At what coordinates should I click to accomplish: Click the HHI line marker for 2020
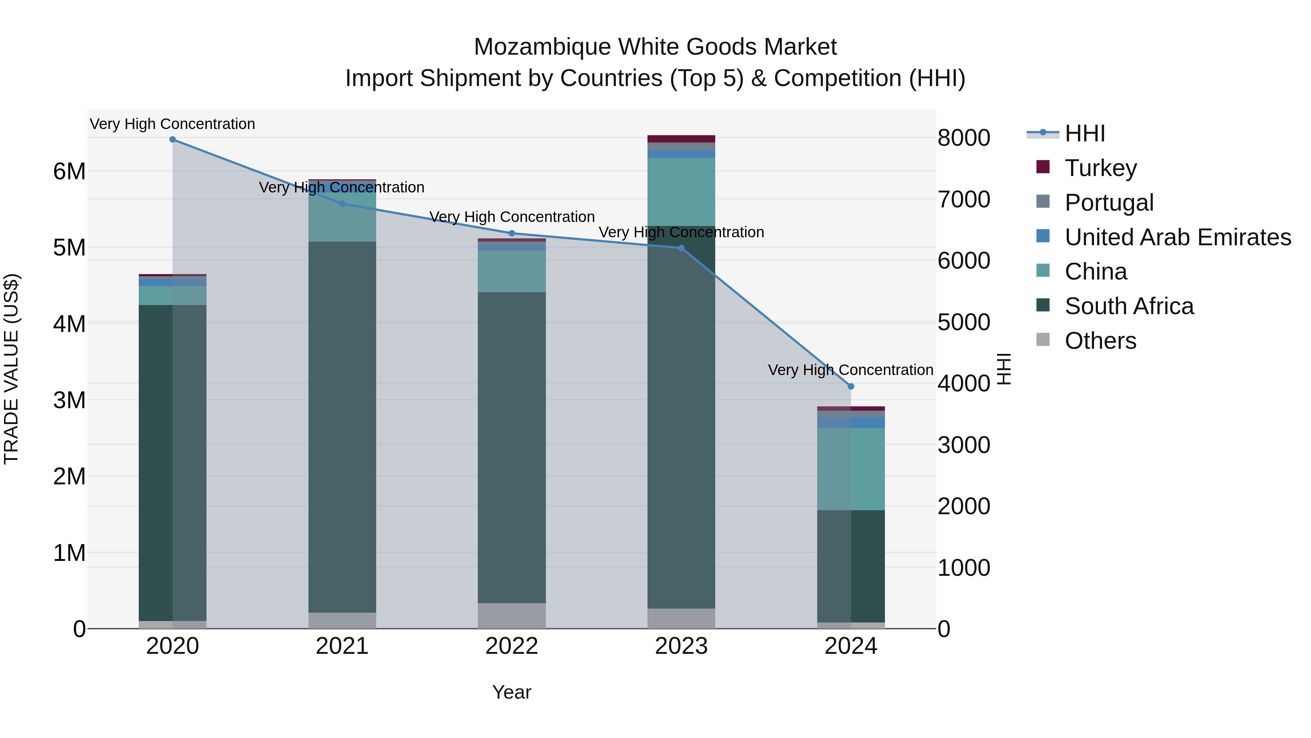tap(173, 140)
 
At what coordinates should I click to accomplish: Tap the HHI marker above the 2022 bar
tap(512, 233)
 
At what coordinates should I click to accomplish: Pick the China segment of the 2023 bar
tap(681, 191)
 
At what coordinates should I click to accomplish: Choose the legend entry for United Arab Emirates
tap(1178, 237)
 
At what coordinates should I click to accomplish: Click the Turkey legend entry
tap(1100, 168)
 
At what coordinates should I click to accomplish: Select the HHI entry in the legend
tap(1084, 133)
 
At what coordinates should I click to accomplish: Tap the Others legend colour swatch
tap(1043, 340)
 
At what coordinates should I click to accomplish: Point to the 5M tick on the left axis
tap(69, 248)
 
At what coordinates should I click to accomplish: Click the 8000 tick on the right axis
tap(963, 138)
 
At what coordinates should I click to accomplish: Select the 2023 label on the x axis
tap(681, 646)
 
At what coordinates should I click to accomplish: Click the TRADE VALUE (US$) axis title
tap(12, 369)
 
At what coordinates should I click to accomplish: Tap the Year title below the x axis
tap(512, 692)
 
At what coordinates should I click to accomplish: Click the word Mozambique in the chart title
tap(542, 47)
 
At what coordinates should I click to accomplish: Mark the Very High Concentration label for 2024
tap(850, 370)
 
